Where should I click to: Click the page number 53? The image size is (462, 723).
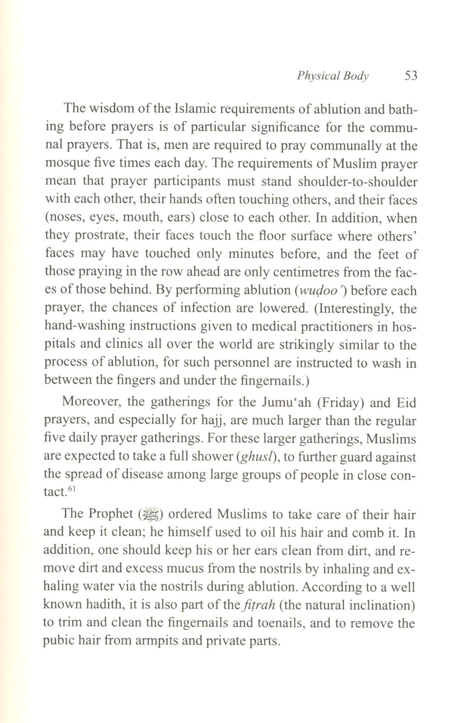(411, 75)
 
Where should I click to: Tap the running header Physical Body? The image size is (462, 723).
(333, 75)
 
